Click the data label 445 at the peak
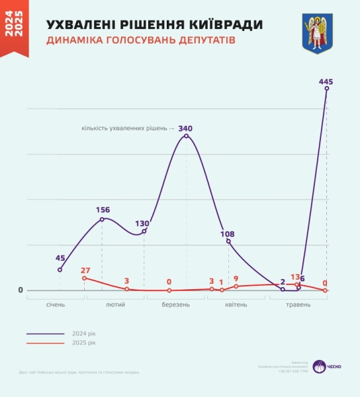click(x=325, y=81)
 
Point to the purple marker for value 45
click(x=60, y=269)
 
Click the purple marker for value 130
click(x=144, y=231)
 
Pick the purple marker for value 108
click(x=228, y=241)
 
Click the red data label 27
click(x=85, y=270)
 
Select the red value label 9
click(x=236, y=279)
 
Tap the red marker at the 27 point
click(x=84, y=278)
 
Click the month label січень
click(x=56, y=305)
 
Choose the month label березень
click(x=176, y=305)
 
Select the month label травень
click(x=297, y=305)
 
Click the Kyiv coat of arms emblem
click(x=317, y=34)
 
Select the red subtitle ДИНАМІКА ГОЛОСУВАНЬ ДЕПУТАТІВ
click(x=140, y=41)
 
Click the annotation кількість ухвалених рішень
click(x=125, y=128)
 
